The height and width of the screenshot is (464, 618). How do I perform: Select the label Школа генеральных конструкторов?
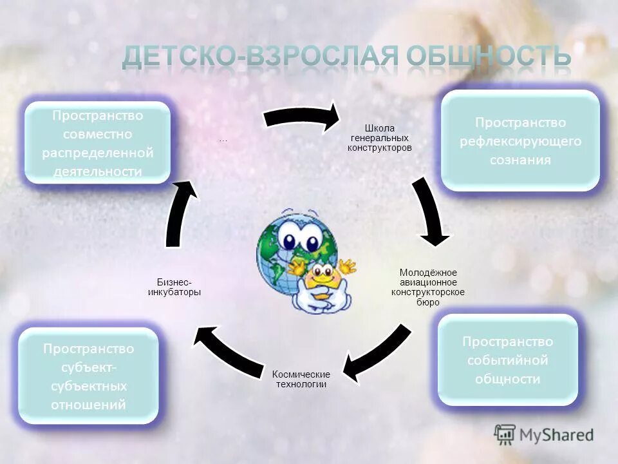click(379, 138)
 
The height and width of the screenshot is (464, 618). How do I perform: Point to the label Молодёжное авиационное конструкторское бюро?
click(428, 287)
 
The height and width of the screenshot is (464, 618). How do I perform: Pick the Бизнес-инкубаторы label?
click(174, 287)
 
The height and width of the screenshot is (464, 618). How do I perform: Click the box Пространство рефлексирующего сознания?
click(520, 140)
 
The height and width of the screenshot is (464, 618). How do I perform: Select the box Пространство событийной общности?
click(507, 360)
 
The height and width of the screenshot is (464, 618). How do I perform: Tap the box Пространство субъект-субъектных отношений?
click(88, 376)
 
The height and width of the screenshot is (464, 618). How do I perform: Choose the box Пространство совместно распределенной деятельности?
click(97, 143)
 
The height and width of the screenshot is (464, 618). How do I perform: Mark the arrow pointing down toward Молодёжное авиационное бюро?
click(429, 213)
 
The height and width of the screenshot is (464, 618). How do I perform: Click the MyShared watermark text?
click(557, 435)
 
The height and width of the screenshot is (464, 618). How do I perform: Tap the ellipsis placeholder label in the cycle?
click(223, 140)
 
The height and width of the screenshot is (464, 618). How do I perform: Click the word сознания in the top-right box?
click(520, 160)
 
